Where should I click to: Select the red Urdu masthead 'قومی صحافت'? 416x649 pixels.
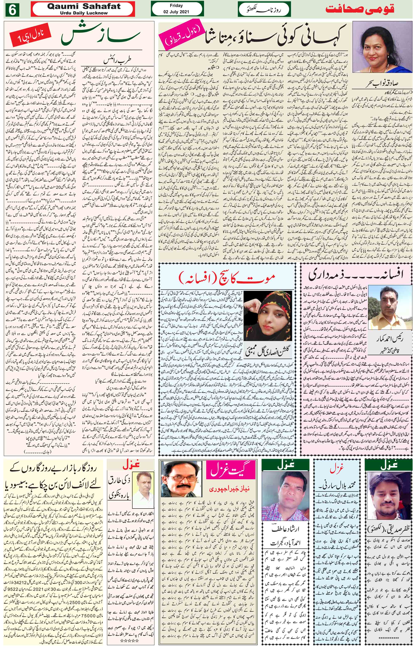(x=360, y=9)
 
